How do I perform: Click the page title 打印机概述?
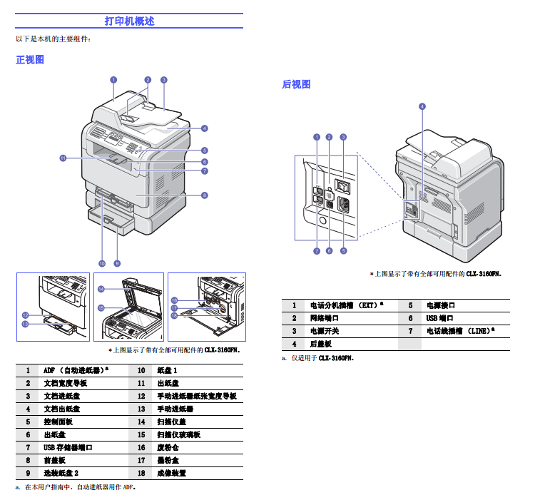[x=129, y=21]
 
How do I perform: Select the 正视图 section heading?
[x=30, y=60]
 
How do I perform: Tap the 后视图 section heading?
[x=296, y=84]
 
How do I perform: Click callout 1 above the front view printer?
[x=113, y=80]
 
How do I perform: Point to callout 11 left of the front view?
[x=63, y=158]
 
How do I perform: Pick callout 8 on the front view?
[x=204, y=195]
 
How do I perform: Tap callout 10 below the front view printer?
[x=102, y=262]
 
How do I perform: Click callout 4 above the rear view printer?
[x=422, y=106]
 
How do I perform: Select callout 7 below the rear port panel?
[x=316, y=250]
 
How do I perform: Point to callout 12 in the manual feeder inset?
[x=25, y=315]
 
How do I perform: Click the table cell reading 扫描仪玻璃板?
[x=178, y=434]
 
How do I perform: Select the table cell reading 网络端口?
[x=325, y=318]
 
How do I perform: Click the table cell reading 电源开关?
[x=325, y=331]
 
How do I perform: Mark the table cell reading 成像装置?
[x=171, y=473]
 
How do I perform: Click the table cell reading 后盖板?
[x=320, y=344]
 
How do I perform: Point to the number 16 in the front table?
[x=141, y=447]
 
